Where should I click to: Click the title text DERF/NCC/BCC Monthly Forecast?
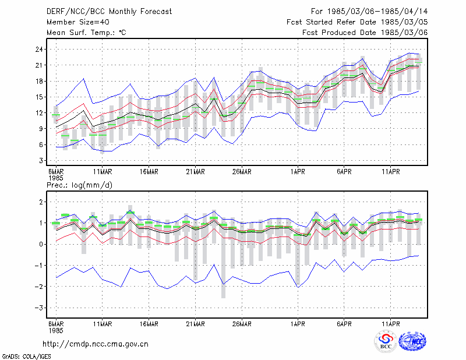tap(109, 12)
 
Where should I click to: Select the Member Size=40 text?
tap(78, 22)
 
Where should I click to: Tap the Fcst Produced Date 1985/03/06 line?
tap(365, 33)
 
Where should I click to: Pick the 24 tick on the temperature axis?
tap(39, 50)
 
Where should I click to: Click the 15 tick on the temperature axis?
tap(39, 97)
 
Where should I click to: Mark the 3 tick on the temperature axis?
tap(41, 161)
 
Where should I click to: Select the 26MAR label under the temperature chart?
tap(242, 172)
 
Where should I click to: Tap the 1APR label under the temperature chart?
tap(298, 172)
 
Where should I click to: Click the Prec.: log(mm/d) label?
tap(79, 185)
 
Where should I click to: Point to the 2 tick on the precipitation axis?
tap(41, 202)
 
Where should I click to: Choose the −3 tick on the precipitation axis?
tap(39, 308)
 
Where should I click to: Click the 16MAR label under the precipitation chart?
tap(149, 324)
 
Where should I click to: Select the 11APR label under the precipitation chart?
tap(390, 324)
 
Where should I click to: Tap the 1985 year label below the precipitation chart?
tap(56, 330)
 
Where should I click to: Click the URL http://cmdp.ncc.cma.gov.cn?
tap(96, 344)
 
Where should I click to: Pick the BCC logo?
tap(386, 341)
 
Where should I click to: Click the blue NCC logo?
tap(412, 341)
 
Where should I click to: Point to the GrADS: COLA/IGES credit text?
tap(26, 357)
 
